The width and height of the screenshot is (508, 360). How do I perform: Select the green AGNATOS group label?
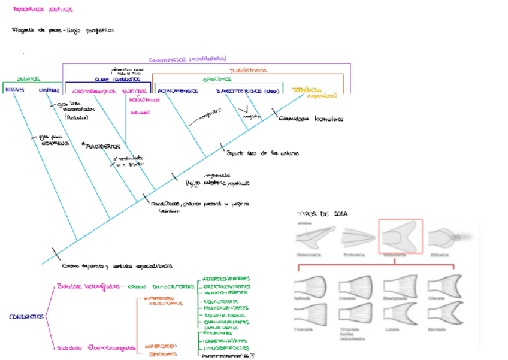pyautogui.click(x=28, y=79)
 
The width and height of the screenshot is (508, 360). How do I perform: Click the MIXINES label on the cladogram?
pyautogui.click(x=14, y=90)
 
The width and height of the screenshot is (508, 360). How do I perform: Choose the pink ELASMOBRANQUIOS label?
pyautogui.click(x=94, y=92)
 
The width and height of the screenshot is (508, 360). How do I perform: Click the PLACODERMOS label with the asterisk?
pyautogui.click(x=102, y=146)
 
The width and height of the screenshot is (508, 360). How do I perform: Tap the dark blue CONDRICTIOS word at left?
pyautogui.click(x=25, y=316)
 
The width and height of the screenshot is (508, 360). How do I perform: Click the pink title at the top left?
pyautogui.click(x=43, y=10)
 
